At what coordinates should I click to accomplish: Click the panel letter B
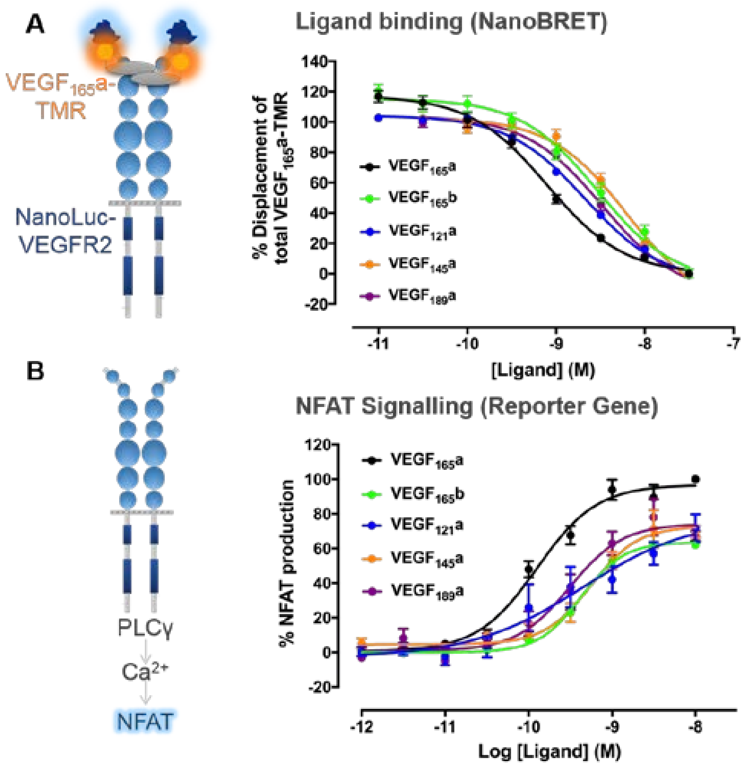(35, 371)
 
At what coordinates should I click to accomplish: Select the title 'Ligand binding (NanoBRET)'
(451, 22)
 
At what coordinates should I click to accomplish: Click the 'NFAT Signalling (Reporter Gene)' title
(477, 406)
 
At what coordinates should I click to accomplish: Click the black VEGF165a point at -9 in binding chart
(556, 199)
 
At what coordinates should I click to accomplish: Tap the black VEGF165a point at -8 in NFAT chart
(696, 479)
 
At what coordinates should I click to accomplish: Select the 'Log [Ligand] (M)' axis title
(549, 751)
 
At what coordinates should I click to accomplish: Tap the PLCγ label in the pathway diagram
(145, 627)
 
